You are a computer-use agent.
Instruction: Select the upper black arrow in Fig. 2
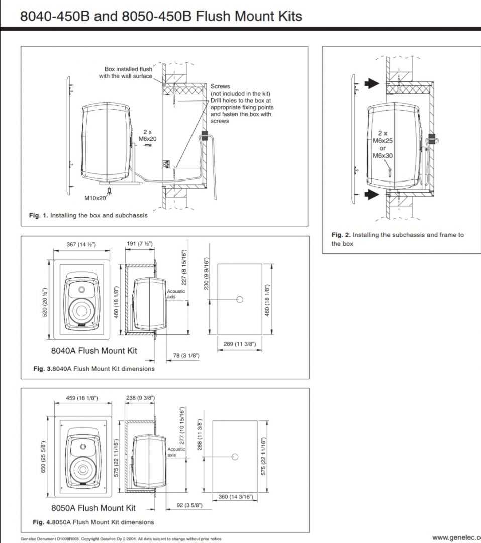(372, 84)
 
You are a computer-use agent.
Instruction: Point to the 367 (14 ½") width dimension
(81, 244)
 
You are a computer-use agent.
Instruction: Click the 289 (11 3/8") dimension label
(239, 344)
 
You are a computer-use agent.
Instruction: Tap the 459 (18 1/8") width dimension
(82, 398)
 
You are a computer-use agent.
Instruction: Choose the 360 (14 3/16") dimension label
(235, 497)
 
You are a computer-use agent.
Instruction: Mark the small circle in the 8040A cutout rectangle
(240, 300)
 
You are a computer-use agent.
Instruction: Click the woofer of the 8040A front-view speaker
(81, 310)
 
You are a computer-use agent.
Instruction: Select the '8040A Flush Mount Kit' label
(94, 350)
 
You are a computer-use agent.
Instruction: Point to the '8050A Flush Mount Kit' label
(94, 508)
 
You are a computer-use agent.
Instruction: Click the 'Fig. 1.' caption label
(38, 215)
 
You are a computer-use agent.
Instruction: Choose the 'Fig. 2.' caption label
(342, 235)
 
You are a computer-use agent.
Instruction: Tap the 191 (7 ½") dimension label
(139, 244)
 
